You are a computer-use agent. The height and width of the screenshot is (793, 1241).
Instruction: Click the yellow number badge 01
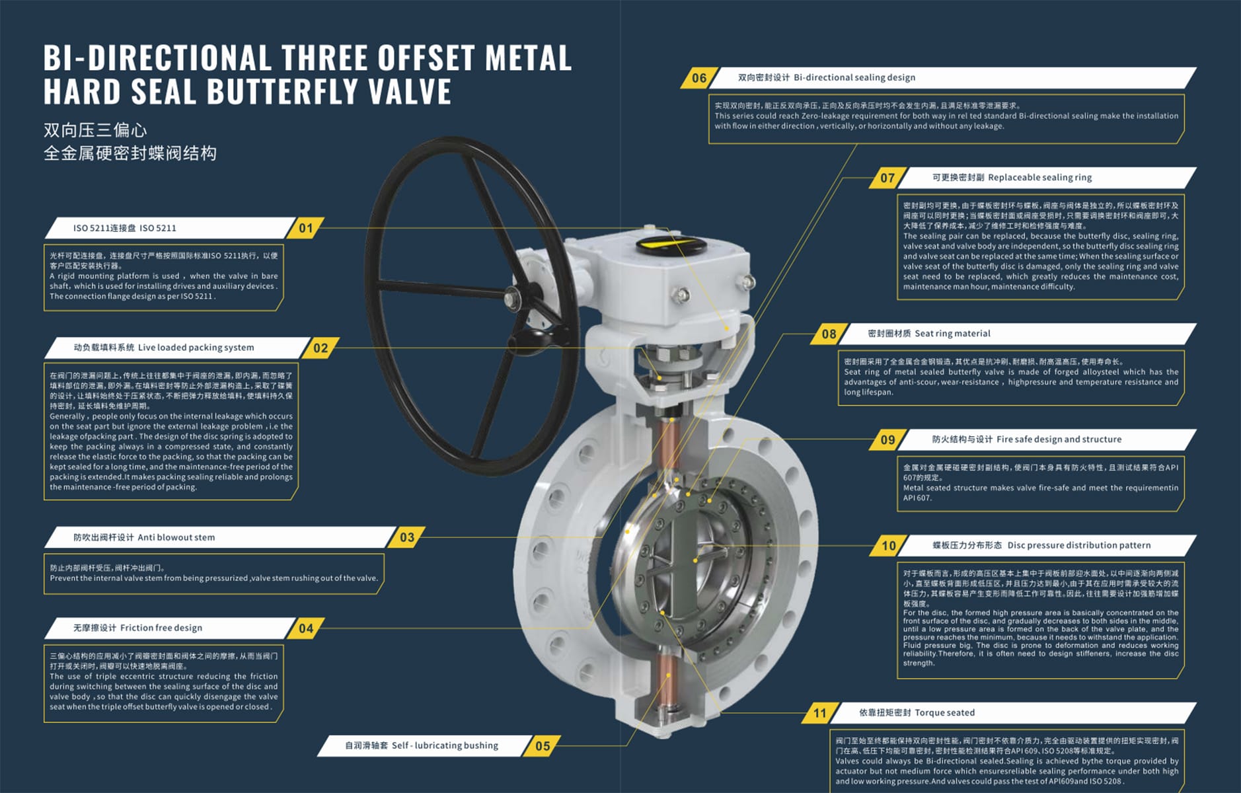306,228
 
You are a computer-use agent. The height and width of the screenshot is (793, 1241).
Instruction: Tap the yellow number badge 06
699,78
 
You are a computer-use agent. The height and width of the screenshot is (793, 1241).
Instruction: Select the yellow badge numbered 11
820,713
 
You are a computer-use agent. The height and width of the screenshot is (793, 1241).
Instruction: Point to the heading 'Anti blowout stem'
176,537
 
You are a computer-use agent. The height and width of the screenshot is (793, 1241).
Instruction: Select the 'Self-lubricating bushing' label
445,745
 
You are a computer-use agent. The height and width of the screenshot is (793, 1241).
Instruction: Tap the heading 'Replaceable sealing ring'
1039,177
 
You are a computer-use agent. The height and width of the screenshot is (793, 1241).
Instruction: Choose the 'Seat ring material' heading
952,334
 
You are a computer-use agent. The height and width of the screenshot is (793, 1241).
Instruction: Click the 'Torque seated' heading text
944,712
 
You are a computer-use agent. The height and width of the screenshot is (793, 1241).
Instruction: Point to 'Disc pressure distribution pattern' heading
1078,545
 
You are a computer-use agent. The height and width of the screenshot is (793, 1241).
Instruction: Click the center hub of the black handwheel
512,301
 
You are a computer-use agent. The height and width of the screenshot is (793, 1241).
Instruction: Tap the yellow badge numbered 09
887,440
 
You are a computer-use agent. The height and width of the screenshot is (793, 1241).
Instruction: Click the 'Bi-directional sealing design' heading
854,77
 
